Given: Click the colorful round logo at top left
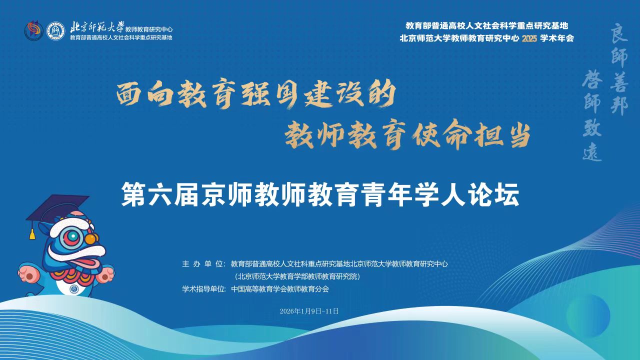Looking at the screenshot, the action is pyautogui.click(x=33, y=30).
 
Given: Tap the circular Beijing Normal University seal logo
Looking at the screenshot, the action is pyautogui.click(x=55, y=30).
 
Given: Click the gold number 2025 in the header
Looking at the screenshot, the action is pyautogui.click(x=529, y=38).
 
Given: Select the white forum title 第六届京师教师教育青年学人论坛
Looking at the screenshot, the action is pyautogui.click(x=320, y=195).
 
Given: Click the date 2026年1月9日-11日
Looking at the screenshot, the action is pyautogui.click(x=309, y=311).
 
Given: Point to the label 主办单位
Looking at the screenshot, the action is pyautogui.click(x=203, y=263).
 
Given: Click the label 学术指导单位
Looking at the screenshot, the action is pyautogui.click(x=203, y=289).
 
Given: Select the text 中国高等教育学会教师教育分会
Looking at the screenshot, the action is pyautogui.click(x=280, y=289).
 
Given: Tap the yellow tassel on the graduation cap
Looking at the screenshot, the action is pyautogui.click(x=32, y=234).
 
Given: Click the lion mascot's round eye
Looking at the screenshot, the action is pyautogui.click(x=73, y=236).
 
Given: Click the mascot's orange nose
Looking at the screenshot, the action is pyautogui.click(x=91, y=238).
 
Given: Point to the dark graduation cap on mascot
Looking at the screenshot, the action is pyautogui.click(x=57, y=207).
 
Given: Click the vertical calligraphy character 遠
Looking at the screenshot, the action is pyautogui.click(x=592, y=151).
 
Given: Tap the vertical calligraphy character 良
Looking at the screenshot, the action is pyautogui.click(x=619, y=33).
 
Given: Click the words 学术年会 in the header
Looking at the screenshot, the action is pyautogui.click(x=557, y=38).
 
